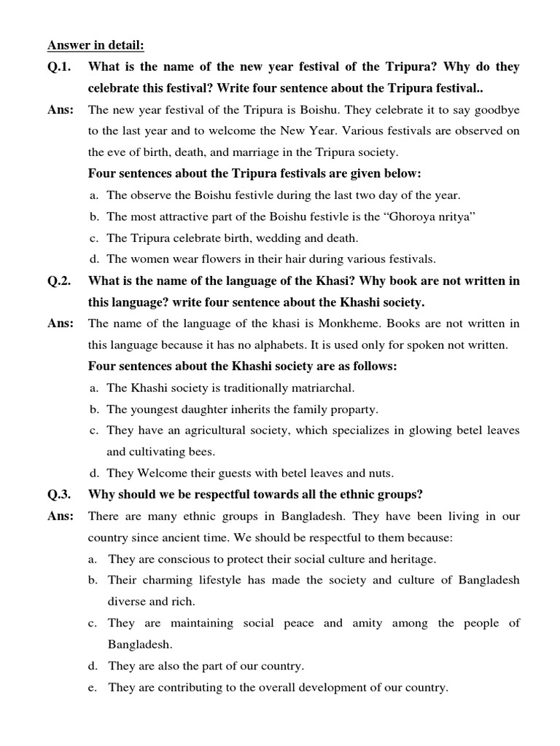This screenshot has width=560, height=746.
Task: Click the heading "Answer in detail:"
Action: click(x=96, y=47)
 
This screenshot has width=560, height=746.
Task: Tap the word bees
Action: click(x=201, y=452)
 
